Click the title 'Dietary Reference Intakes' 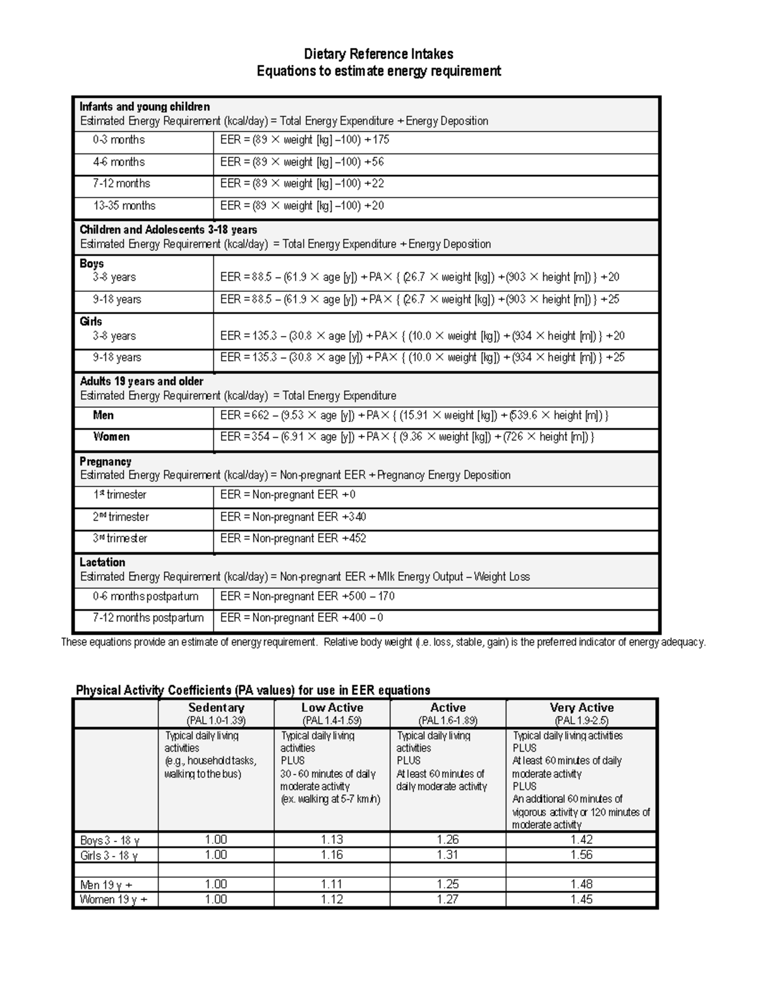pyautogui.click(x=378, y=54)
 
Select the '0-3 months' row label pyautogui.click(x=119, y=140)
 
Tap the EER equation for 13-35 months pyautogui.click(x=302, y=206)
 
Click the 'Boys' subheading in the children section pyautogui.click(x=92, y=263)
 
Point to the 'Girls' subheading pyautogui.click(x=91, y=322)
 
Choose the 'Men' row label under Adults pyautogui.click(x=103, y=415)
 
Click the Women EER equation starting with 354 pyautogui.click(x=407, y=437)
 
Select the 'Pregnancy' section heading pyautogui.click(x=105, y=462)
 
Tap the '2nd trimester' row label pyautogui.click(x=121, y=517)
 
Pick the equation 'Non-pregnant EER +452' pyautogui.click(x=293, y=539)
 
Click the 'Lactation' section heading pyautogui.click(x=102, y=562)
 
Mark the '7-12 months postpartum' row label pyautogui.click(x=148, y=618)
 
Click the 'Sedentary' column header pyautogui.click(x=216, y=707)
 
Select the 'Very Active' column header pyautogui.click(x=581, y=707)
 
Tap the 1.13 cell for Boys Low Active pyautogui.click(x=332, y=840)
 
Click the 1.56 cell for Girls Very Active pyautogui.click(x=581, y=855)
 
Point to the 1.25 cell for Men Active pyautogui.click(x=448, y=884)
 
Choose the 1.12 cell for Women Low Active pyautogui.click(x=332, y=900)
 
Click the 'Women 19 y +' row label pyautogui.click(x=114, y=900)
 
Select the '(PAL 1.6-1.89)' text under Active pyautogui.click(x=448, y=721)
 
